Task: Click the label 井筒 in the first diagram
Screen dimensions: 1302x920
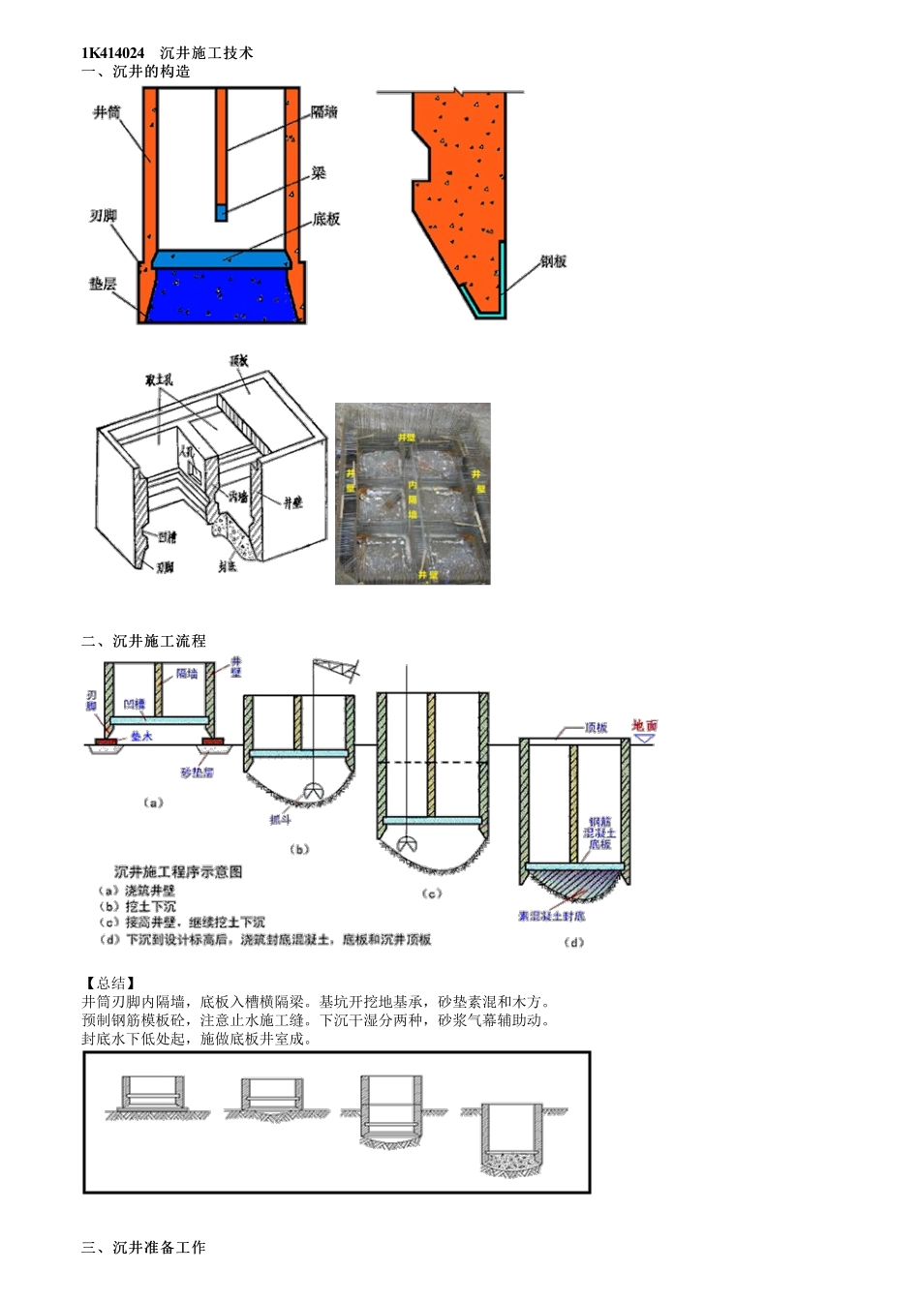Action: (x=107, y=113)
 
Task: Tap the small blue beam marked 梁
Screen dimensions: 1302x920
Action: (x=221, y=212)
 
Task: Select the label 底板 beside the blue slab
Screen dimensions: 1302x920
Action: (x=326, y=220)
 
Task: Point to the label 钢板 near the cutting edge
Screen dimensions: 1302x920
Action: (x=553, y=261)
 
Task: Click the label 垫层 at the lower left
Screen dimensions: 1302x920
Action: (x=103, y=284)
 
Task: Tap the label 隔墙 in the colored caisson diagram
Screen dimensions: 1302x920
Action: (x=324, y=113)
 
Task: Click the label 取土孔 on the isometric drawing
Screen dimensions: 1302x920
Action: (x=159, y=379)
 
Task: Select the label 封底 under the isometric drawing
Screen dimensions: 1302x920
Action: (x=228, y=566)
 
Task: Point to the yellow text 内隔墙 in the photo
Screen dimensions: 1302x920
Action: (x=413, y=499)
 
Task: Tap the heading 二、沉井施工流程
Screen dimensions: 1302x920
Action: (x=143, y=641)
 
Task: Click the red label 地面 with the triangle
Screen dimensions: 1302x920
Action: (x=645, y=725)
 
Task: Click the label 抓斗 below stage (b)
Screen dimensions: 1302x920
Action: (x=280, y=819)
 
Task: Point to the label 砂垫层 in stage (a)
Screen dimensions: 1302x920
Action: (x=197, y=772)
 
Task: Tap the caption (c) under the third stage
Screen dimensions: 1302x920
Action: (x=432, y=893)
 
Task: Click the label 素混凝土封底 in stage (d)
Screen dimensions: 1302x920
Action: (x=551, y=916)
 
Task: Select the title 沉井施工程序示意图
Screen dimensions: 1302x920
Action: (x=178, y=871)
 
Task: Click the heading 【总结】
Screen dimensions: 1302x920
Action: (x=108, y=983)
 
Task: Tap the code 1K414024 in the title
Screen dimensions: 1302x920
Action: (x=113, y=53)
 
